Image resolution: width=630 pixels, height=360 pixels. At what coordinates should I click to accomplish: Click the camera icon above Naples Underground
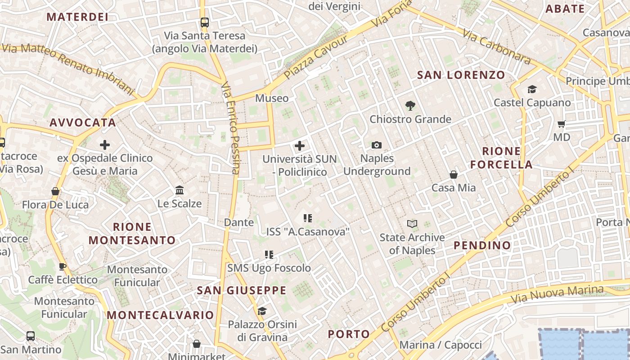(x=377, y=145)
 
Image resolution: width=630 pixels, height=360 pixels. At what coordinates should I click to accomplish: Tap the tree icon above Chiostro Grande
(x=410, y=106)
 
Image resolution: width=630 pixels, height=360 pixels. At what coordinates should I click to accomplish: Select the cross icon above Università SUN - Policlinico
(x=299, y=145)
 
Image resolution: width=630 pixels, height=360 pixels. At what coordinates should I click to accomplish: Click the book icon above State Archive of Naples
(x=412, y=224)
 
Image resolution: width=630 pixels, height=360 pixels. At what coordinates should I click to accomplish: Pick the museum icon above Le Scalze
(x=180, y=190)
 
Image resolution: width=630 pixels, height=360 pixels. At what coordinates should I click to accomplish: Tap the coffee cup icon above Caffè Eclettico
(x=63, y=266)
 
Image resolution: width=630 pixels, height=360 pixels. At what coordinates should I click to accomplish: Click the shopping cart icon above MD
(x=561, y=124)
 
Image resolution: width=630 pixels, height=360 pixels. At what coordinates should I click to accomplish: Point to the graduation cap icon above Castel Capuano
(x=532, y=89)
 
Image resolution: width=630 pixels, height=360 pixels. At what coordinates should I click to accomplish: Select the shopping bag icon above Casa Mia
(x=454, y=175)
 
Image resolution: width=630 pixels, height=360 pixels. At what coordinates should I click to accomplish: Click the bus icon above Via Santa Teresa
(x=204, y=22)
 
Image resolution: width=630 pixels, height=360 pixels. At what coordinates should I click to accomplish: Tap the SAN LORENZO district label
(x=461, y=75)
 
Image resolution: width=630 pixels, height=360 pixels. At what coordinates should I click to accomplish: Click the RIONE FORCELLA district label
(x=501, y=157)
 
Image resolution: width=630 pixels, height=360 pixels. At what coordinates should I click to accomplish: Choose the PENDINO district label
(x=482, y=245)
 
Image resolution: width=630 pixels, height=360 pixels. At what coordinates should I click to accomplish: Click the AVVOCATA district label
(x=83, y=122)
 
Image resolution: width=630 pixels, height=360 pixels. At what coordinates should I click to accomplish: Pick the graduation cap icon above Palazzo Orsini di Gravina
(x=262, y=311)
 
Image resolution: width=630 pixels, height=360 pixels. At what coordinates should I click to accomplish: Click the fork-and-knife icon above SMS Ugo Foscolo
(x=269, y=255)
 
